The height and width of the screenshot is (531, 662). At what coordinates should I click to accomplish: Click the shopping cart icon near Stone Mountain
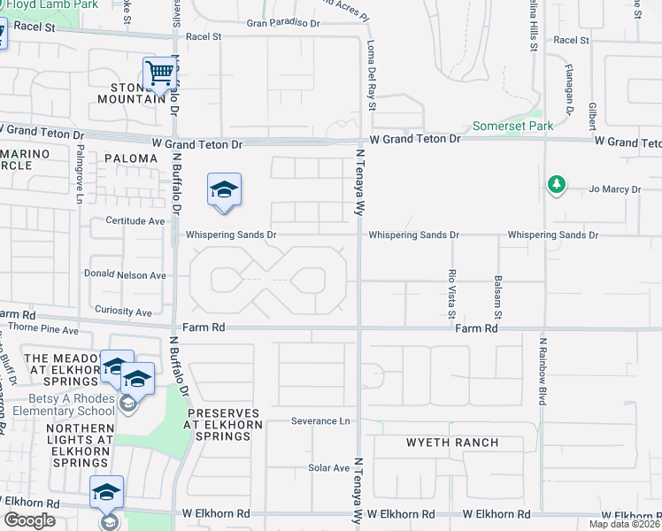(x=159, y=73)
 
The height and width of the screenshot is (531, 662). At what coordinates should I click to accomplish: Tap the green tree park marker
(x=556, y=184)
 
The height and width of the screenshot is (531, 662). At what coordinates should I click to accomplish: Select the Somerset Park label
(x=512, y=127)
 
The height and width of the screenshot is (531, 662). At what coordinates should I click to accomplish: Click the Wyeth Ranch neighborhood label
(x=452, y=442)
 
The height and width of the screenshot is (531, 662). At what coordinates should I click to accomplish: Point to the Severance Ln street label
(x=320, y=421)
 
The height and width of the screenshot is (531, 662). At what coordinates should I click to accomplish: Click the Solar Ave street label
(x=328, y=467)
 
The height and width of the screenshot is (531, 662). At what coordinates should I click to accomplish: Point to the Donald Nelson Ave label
(x=125, y=275)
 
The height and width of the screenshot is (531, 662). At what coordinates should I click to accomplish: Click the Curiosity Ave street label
(x=124, y=312)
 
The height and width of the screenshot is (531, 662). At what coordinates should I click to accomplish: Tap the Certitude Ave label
(x=135, y=220)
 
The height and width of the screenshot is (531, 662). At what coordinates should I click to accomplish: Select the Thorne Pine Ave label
(x=43, y=329)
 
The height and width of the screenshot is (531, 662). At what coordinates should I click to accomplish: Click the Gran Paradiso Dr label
(x=283, y=23)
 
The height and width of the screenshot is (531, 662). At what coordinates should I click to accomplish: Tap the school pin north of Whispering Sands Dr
(x=224, y=190)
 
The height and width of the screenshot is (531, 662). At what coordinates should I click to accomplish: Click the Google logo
(x=29, y=520)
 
